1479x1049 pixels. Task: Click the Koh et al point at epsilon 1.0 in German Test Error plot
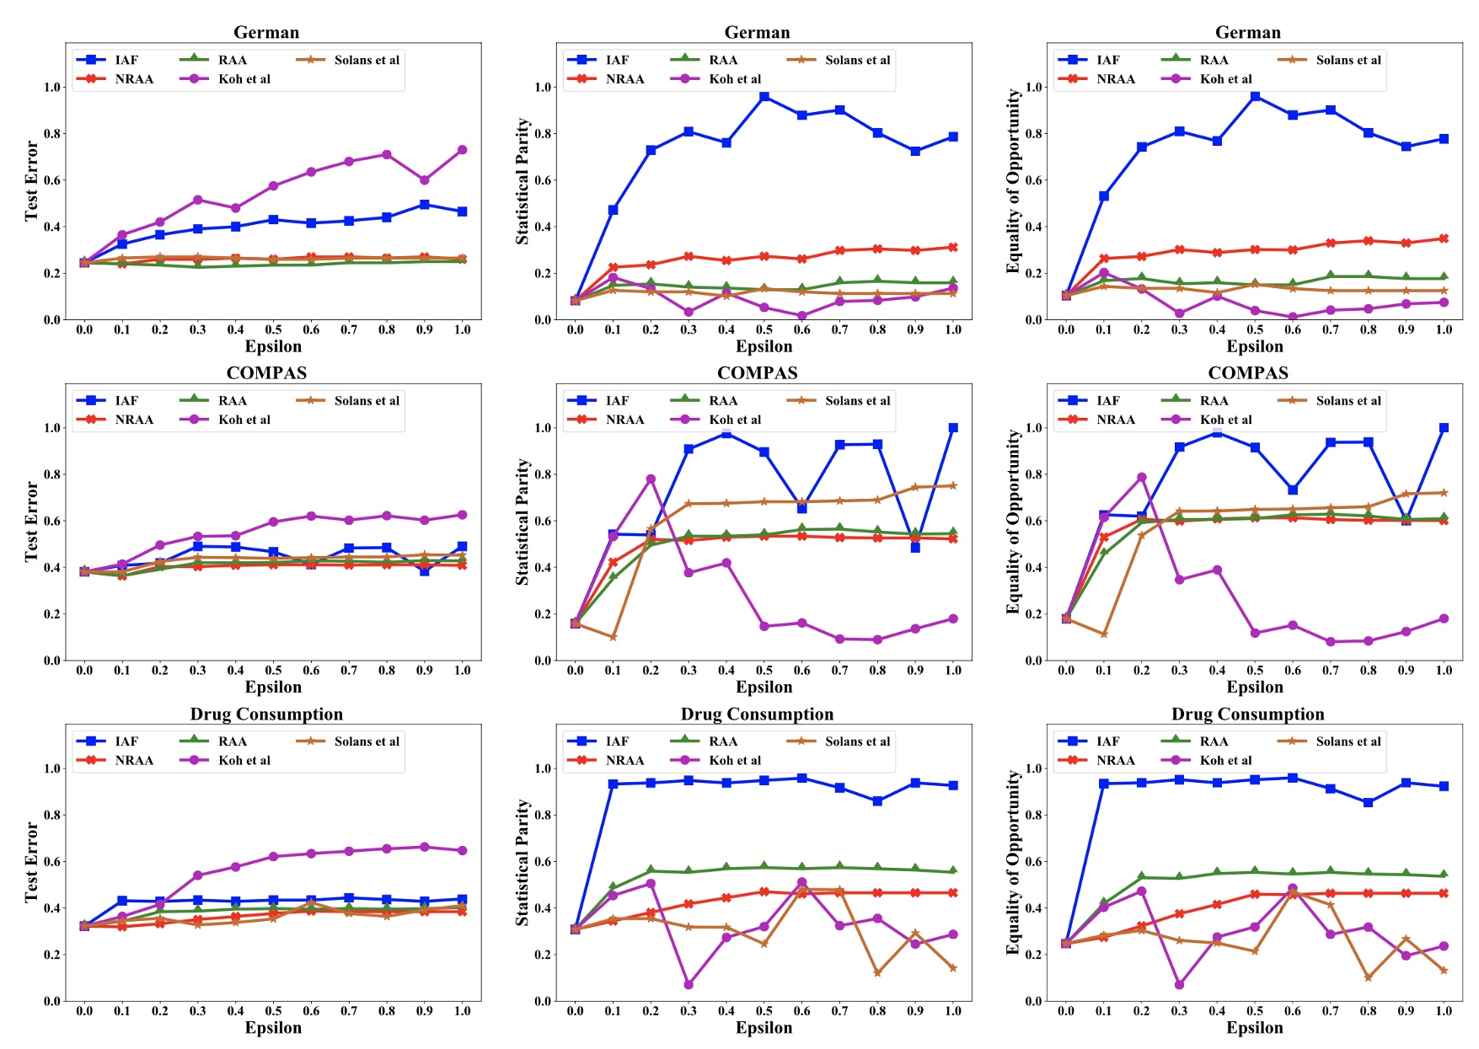462,150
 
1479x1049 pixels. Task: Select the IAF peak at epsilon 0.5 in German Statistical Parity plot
764,97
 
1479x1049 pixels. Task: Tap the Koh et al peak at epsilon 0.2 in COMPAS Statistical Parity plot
651,479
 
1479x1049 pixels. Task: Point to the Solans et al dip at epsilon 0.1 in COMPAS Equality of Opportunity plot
1104,634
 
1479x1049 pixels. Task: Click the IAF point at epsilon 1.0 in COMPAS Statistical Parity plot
953,428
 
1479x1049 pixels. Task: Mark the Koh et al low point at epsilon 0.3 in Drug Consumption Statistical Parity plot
689,984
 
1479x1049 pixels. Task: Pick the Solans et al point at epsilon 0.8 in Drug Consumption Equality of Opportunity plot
1369,977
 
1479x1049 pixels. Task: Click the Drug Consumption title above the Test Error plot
266,714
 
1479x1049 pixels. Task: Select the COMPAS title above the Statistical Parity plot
757,373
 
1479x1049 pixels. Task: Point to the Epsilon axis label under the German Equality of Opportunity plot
1254,346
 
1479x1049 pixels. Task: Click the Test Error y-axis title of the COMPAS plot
31,522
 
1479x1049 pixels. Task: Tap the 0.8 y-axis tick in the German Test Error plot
52,134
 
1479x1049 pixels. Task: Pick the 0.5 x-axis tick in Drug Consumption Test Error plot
273,1011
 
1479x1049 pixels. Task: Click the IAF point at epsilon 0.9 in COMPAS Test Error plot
425,570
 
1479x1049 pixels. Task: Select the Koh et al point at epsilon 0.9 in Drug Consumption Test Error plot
425,847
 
